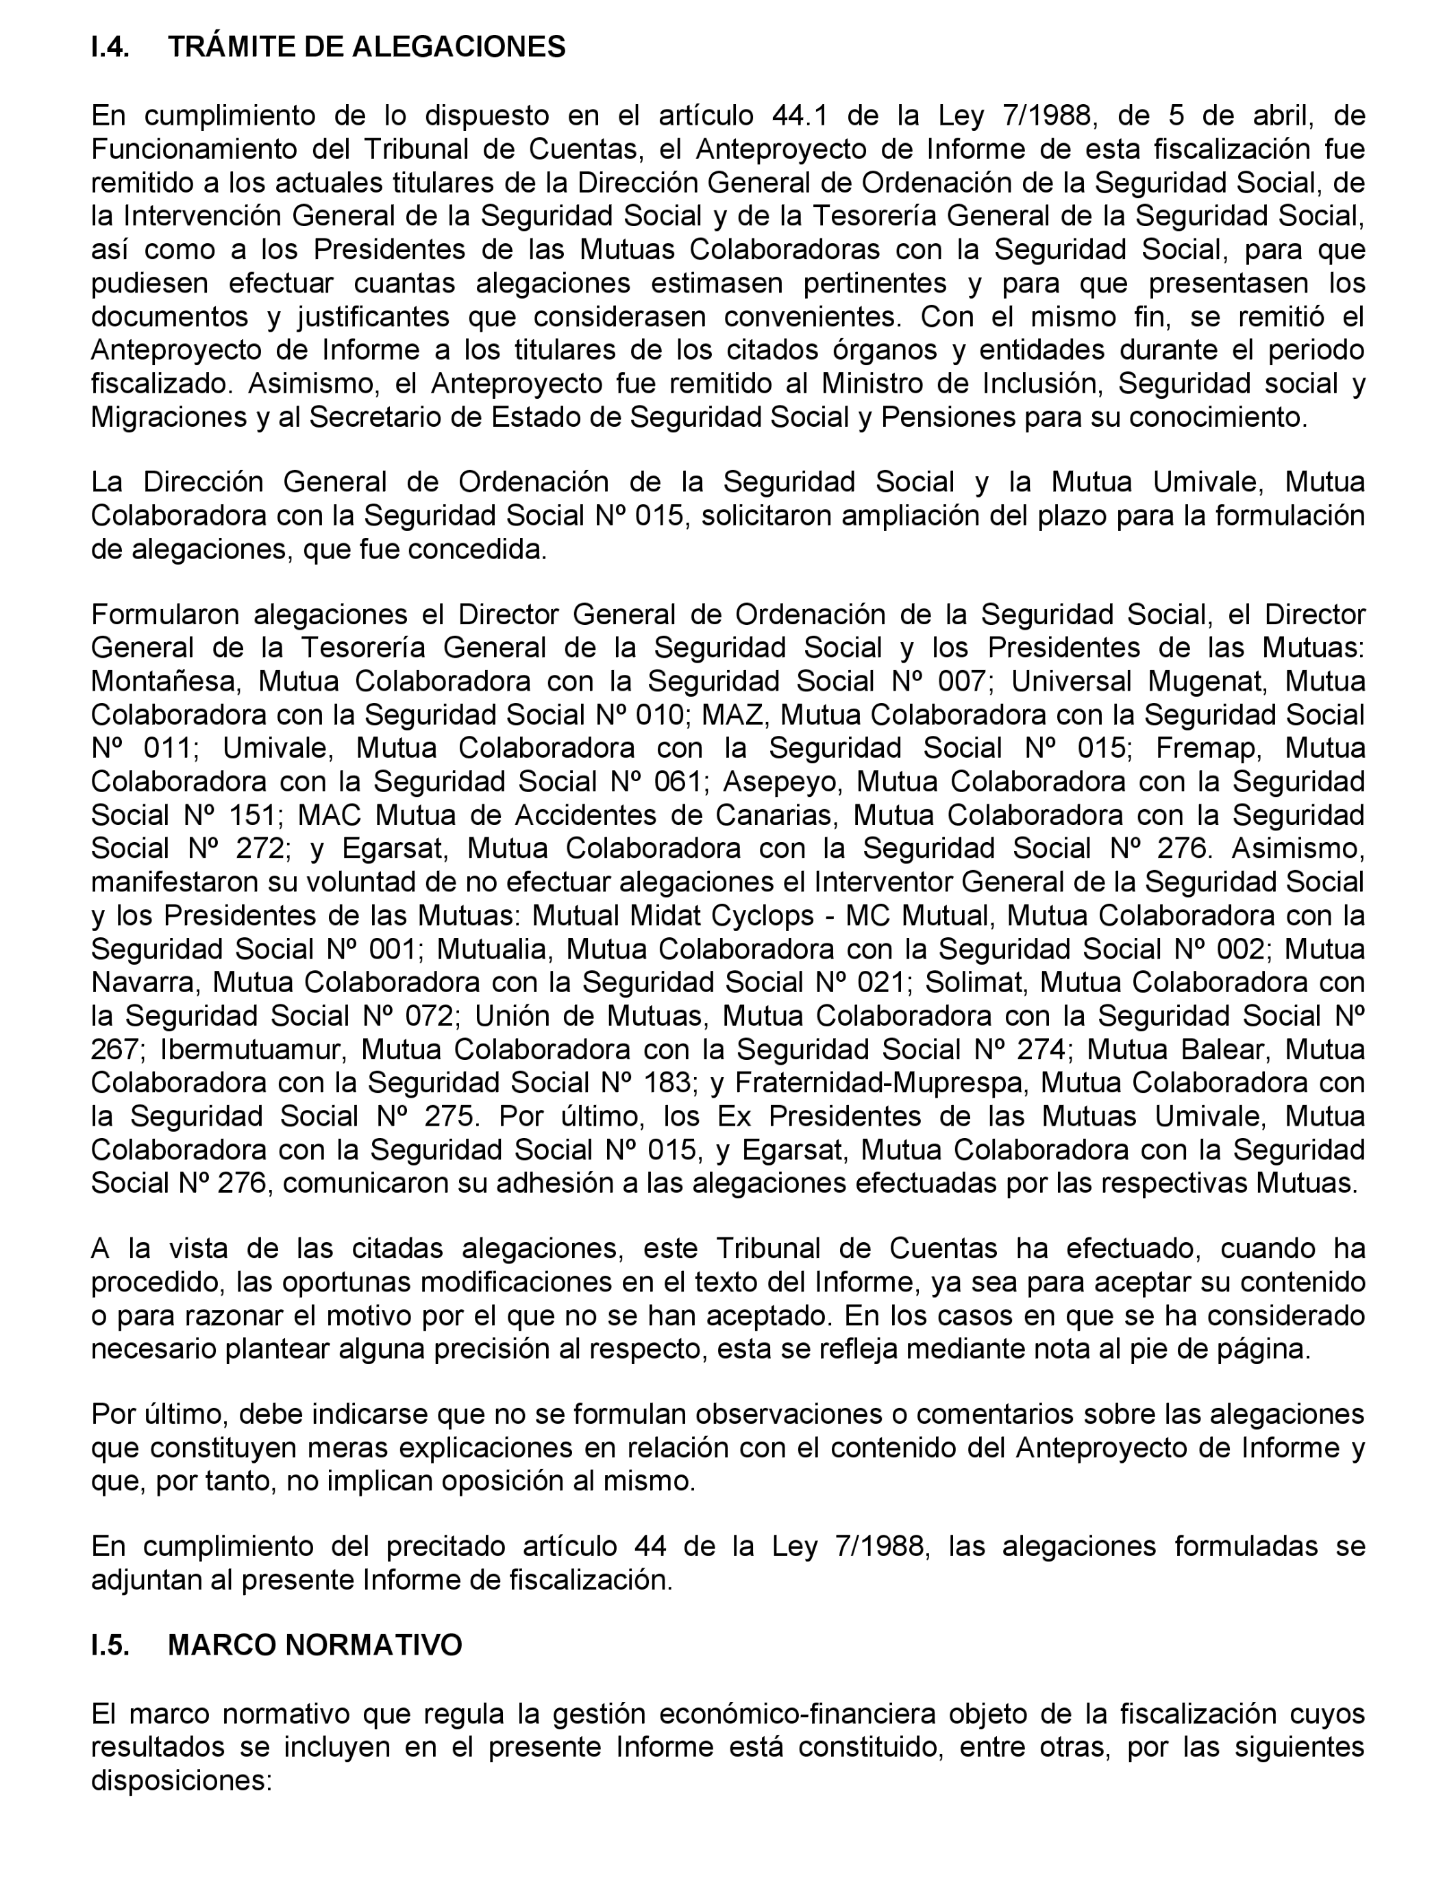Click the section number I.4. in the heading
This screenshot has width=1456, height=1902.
tap(110, 47)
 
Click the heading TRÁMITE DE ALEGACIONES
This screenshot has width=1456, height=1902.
tap(366, 47)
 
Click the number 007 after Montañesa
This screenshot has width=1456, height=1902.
tap(960, 681)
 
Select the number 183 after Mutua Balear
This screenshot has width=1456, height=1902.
tap(664, 1083)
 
